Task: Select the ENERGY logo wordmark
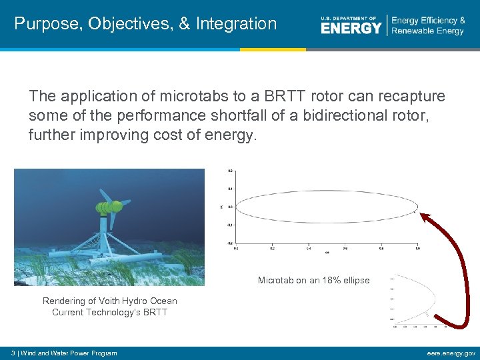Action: pos(351,27)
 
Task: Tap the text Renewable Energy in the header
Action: pos(427,31)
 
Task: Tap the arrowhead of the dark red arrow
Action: pos(425,215)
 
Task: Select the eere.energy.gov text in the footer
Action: pos(451,353)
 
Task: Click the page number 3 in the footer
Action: pos(5,353)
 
